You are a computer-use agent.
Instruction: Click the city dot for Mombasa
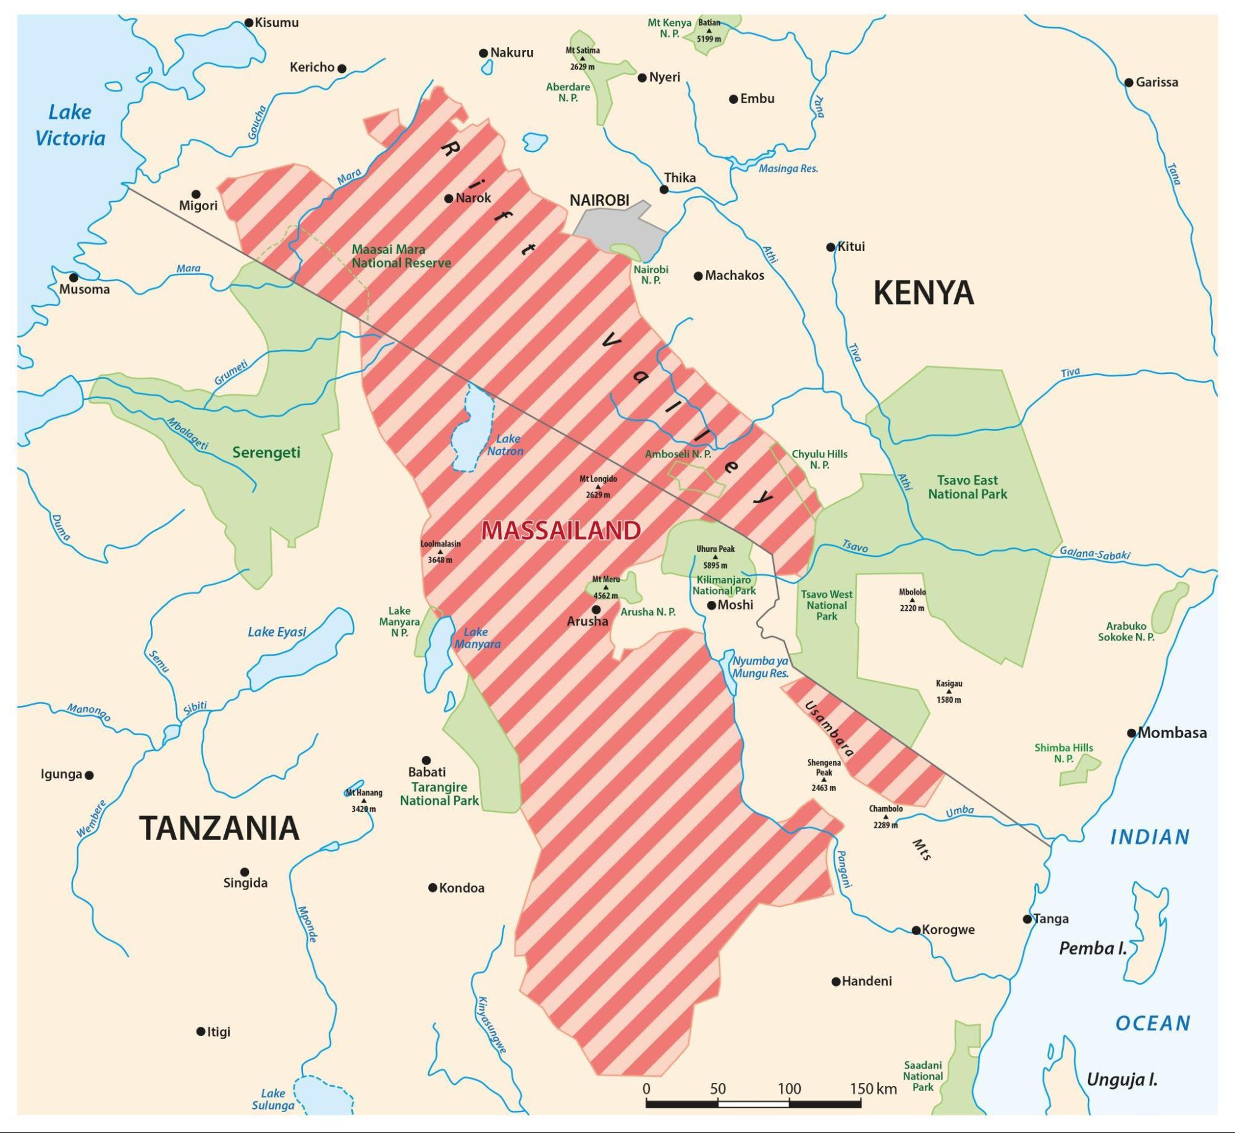click(1131, 733)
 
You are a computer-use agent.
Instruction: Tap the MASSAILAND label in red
click(560, 530)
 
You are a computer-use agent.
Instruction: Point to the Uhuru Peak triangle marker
click(715, 557)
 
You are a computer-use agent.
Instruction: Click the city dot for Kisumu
click(249, 23)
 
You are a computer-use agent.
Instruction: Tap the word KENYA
click(923, 293)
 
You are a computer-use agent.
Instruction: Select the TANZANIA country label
click(219, 828)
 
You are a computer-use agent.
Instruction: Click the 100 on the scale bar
click(789, 1088)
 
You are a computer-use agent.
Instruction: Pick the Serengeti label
click(266, 452)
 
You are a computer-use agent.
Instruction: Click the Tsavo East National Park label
click(967, 487)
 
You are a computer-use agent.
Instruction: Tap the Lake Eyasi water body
click(303, 649)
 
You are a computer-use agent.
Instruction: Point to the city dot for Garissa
click(1129, 82)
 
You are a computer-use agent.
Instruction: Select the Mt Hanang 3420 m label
click(364, 800)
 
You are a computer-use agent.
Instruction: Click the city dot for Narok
click(449, 198)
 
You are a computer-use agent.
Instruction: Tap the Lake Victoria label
click(70, 125)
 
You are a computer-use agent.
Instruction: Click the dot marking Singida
click(245, 872)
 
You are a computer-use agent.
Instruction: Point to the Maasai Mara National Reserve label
click(401, 256)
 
